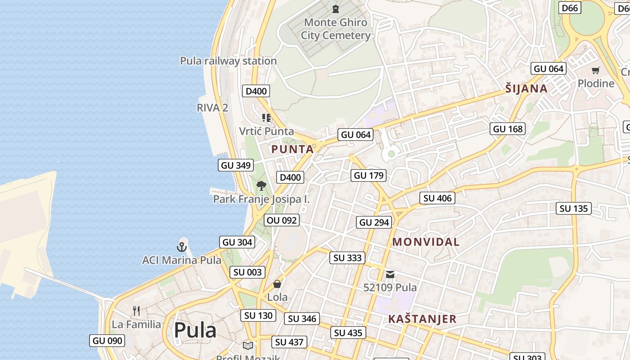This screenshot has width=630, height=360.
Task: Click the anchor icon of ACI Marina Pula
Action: pyautogui.click(x=181, y=247)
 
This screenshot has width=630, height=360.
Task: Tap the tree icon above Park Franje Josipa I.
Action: pyautogui.click(x=261, y=185)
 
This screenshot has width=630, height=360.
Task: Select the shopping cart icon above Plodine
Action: pyautogui.click(x=596, y=70)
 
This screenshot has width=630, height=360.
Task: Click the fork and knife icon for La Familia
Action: pyautogui.click(x=136, y=310)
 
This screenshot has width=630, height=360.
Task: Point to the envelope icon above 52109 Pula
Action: pyautogui.click(x=390, y=274)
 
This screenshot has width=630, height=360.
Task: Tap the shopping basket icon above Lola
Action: pyautogui.click(x=277, y=284)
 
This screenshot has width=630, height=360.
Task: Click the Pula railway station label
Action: pyautogui.click(x=228, y=61)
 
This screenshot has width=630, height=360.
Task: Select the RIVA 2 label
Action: pyautogui.click(x=212, y=108)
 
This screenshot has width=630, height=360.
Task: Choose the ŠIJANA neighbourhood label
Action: pyautogui.click(x=526, y=89)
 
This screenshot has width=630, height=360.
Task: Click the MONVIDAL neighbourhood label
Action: pyautogui.click(x=426, y=242)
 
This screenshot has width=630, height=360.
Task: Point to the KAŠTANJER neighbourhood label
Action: pyautogui.click(x=422, y=319)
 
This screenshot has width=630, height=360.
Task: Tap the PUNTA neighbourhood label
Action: pyautogui.click(x=292, y=149)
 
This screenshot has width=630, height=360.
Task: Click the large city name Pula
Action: pyautogui.click(x=195, y=330)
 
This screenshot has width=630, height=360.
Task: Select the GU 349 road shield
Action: pyautogui.click(x=236, y=165)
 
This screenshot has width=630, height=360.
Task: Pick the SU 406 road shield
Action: pyautogui.click(x=437, y=198)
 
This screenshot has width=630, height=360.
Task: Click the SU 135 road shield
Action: pyautogui.click(x=573, y=208)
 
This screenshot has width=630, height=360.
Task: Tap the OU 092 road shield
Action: pyautogui.click(x=282, y=220)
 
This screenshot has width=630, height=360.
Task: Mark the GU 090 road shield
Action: pyautogui.click(x=108, y=341)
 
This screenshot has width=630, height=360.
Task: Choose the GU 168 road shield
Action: pyautogui.click(x=508, y=129)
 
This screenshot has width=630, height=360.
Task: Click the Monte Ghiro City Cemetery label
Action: pyautogui.click(x=336, y=29)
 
